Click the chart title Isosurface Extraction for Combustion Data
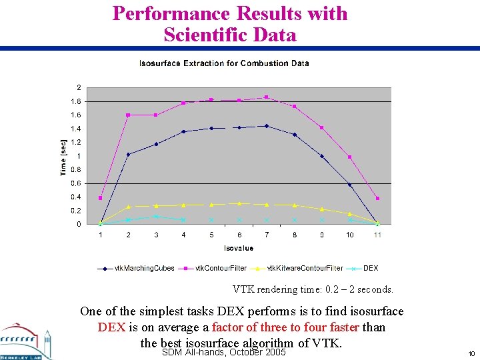[x=224, y=63]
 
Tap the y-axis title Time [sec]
[x=64, y=157]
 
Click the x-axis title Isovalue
[x=238, y=247]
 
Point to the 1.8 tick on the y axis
[x=77, y=101]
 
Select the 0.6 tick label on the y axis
[x=77, y=183]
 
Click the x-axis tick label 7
[x=267, y=235]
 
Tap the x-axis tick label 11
[x=377, y=235]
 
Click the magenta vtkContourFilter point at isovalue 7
[x=267, y=97]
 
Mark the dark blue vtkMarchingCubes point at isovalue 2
[x=128, y=154]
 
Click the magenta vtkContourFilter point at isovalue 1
[x=101, y=198]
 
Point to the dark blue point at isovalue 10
[x=350, y=185]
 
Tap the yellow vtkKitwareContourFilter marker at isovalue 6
[x=239, y=203]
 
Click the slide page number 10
[x=471, y=353]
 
